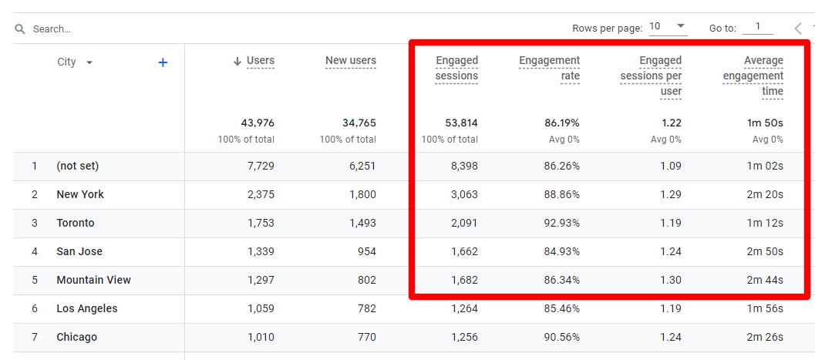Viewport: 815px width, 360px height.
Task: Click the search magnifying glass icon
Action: click(20, 29)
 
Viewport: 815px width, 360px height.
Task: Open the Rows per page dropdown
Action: click(668, 27)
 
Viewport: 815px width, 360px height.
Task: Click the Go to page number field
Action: click(758, 27)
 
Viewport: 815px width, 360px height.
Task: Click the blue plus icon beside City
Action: click(163, 62)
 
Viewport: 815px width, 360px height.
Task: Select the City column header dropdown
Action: click(75, 62)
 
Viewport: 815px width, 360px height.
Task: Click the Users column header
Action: click(260, 61)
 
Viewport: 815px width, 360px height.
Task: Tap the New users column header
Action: click(351, 61)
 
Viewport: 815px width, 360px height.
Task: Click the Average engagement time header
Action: click(753, 76)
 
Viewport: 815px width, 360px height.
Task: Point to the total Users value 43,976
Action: click(258, 123)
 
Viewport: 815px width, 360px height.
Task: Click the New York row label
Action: click(80, 194)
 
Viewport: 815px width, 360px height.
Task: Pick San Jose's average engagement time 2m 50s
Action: click(764, 251)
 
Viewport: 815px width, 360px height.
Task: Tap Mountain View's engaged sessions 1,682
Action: click(464, 280)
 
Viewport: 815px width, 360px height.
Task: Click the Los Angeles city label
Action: click(87, 308)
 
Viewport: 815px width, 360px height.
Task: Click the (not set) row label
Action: click(78, 166)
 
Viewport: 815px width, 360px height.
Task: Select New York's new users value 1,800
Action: click(362, 194)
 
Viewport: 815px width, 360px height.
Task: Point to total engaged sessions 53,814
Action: click(461, 123)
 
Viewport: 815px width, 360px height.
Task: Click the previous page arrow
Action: click(798, 29)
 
